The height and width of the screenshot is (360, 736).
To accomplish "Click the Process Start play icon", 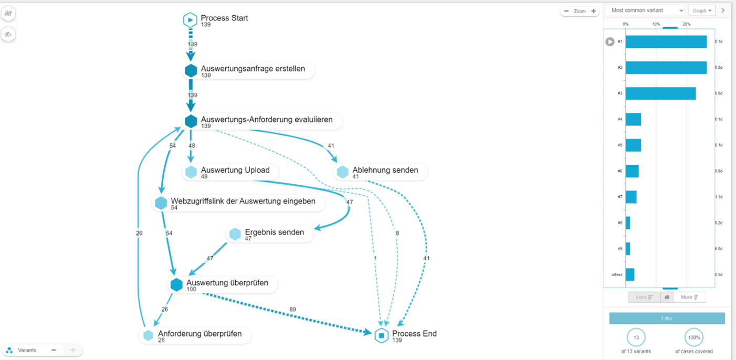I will (190, 20).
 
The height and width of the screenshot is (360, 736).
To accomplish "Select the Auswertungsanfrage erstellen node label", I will (253, 69).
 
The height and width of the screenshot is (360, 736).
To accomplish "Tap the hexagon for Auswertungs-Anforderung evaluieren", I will (191, 121).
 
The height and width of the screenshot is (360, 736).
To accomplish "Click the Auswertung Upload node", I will (235, 170).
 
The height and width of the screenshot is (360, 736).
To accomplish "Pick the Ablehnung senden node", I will (385, 170).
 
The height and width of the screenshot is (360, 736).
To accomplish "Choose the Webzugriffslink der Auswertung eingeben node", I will (243, 201).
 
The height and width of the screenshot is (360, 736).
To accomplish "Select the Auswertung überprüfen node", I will (227, 283).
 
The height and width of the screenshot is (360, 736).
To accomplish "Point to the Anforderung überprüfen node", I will (199, 334).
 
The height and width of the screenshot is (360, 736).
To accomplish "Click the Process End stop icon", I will (382, 335).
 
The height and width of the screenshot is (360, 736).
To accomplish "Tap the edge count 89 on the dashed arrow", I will (292, 310).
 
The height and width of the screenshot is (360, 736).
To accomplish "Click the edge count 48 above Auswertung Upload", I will (192, 145).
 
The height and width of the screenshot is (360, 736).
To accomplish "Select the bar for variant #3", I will (660, 93).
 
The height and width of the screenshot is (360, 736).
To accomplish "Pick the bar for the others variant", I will (630, 274).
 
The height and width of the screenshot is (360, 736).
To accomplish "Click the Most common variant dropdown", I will (645, 10).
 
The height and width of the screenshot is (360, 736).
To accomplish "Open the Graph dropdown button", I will (701, 10).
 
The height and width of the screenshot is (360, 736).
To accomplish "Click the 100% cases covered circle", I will (694, 337).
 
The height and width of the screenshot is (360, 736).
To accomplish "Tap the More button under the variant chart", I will (689, 297).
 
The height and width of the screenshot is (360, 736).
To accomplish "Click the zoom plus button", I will (593, 11).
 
